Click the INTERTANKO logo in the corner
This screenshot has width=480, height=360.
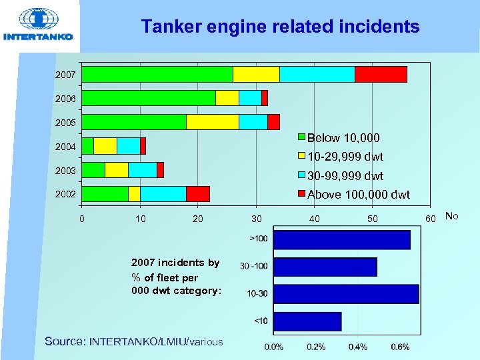tap(39, 25)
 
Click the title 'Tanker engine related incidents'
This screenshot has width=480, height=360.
tap(280, 27)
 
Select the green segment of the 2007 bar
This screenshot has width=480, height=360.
tap(157, 74)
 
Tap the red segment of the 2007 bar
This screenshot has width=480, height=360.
tap(381, 74)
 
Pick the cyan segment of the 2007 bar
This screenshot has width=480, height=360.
tap(317, 74)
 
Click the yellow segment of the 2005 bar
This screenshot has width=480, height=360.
tap(213, 122)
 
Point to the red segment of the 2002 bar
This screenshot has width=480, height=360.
tap(198, 193)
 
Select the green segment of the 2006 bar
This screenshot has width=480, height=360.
tap(149, 98)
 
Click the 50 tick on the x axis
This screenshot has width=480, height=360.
tap(373, 219)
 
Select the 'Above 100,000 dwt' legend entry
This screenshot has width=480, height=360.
tap(358, 195)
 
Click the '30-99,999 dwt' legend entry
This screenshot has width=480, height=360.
tap(345, 176)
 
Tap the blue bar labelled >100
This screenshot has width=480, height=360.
tap(342, 239)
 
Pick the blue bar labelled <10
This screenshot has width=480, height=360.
tap(307, 321)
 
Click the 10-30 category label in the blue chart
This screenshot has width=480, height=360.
tap(257, 293)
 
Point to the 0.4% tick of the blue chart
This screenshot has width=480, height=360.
tap(358, 347)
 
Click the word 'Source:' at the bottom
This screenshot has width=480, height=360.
tap(65, 341)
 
